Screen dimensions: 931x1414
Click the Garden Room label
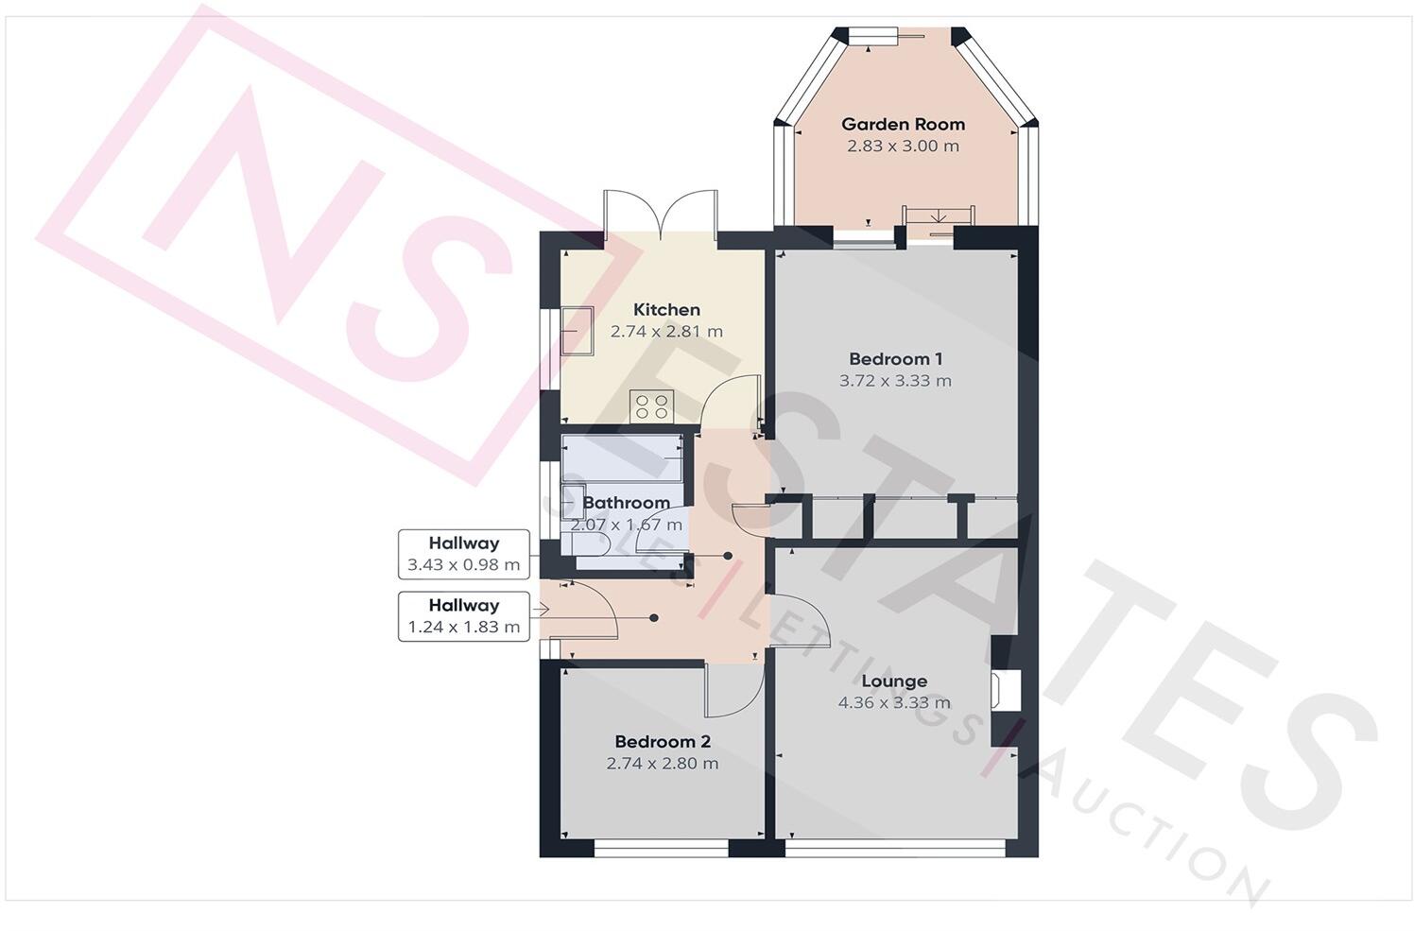(903, 124)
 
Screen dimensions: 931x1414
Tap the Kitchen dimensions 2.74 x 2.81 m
(666, 332)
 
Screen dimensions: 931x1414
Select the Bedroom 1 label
(895, 358)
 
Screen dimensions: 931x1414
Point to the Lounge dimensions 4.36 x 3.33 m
(894, 703)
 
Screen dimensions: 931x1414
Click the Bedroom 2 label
(662, 742)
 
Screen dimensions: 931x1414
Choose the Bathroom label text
(626, 503)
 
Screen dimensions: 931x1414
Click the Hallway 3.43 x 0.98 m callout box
(463, 554)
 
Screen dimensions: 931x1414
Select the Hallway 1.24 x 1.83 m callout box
(463, 616)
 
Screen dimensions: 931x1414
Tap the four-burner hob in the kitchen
(652, 406)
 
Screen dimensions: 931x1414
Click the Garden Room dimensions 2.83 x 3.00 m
(903, 147)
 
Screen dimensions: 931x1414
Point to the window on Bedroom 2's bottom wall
(662, 851)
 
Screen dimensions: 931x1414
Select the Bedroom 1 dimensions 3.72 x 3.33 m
(895, 381)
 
